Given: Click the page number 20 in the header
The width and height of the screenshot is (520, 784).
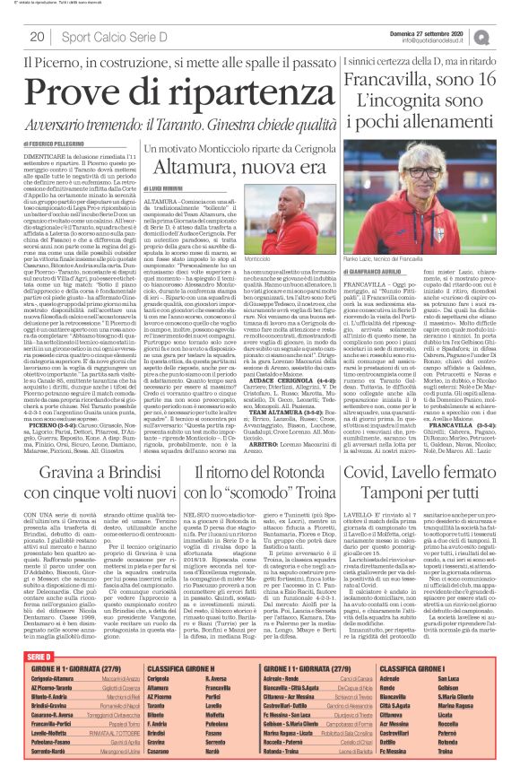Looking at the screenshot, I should click(37, 37).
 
